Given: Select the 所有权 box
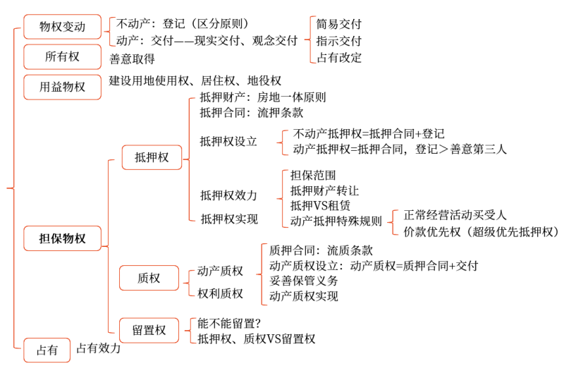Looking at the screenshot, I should tap(62, 56).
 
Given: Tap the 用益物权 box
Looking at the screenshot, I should tap(62, 87).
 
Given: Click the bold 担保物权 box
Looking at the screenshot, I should tap(62, 238).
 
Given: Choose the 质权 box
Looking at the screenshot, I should tap(149, 279).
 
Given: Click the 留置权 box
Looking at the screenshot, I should tap(149, 329).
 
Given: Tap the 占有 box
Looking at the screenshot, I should tap(47, 350).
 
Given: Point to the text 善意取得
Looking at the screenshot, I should tap(132, 59).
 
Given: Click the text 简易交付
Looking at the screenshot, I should tap(339, 23).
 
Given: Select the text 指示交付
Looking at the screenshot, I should tap(339, 41).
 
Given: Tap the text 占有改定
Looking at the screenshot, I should tap(339, 58).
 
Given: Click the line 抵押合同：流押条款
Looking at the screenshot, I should tap(252, 112).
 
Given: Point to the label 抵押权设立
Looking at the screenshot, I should tap(228, 141).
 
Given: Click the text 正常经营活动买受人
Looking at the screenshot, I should tap(455, 214).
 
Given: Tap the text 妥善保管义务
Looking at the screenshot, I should tap(304, 281).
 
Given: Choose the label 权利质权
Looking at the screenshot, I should tap(220, 293).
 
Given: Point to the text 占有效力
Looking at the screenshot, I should tap(99, 348).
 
